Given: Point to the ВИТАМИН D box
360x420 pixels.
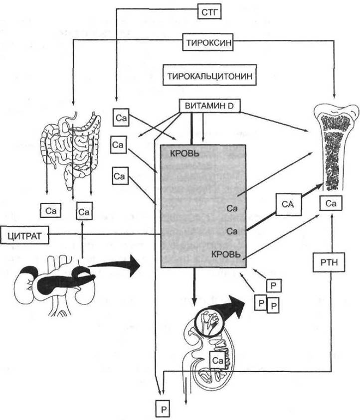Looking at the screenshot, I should tap(207, 106).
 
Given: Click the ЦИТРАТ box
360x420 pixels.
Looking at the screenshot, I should tap(25, 235).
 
